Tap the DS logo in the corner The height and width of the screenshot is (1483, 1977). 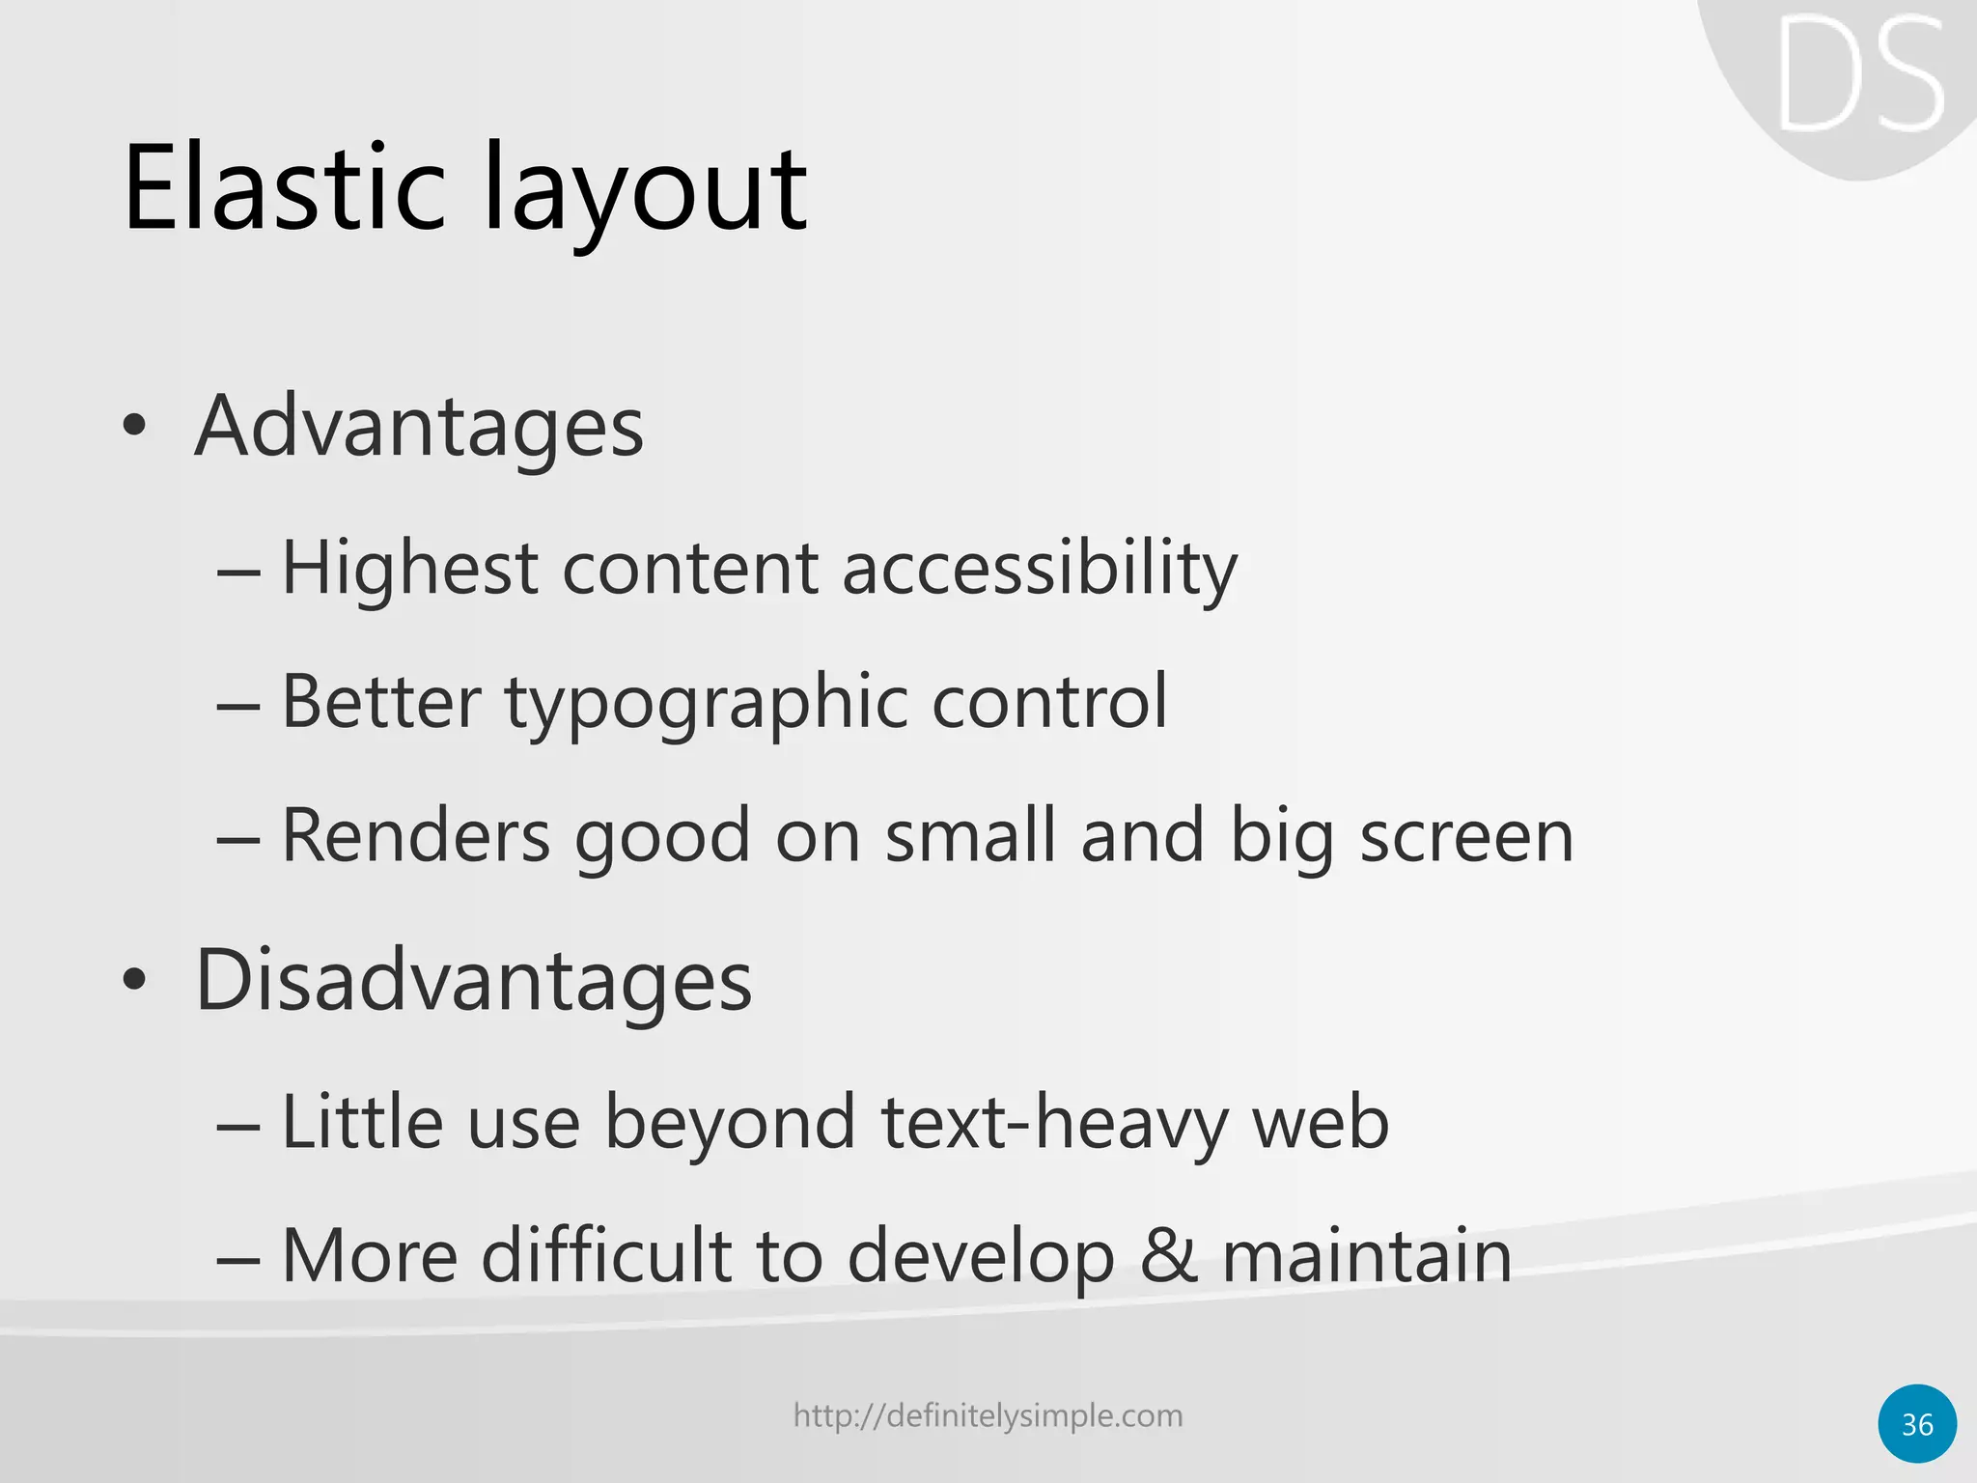pyautogui.click(x=1859, y=77)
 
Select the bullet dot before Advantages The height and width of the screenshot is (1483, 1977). pyautogui.click(x=134, y=426)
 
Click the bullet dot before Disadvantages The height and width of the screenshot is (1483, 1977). pyautogui.click(x=134, y=980)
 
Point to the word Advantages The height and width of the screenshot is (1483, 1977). pyautogui.click(x=419, y=426)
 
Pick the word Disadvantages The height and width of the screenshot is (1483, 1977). pyautogui.click(x=473, y=980)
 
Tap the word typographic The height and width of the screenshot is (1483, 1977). pyautogui.click(x=705, y=702)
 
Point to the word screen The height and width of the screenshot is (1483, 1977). pyautogui.click(x=1466, y=835)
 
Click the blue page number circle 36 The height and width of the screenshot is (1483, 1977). pyautogui.click(x=1917, y=1424)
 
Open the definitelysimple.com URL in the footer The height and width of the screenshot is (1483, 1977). pyautogui.click(x=988, y=1416)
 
